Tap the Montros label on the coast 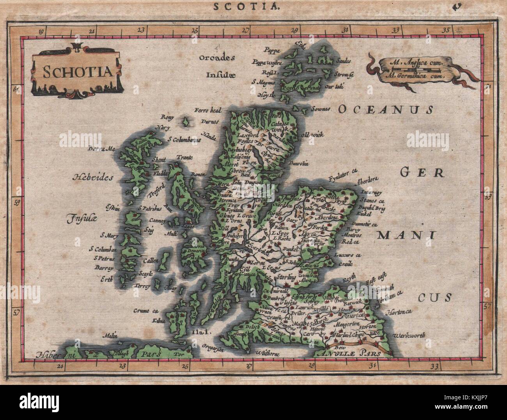(x=351, y=235)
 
